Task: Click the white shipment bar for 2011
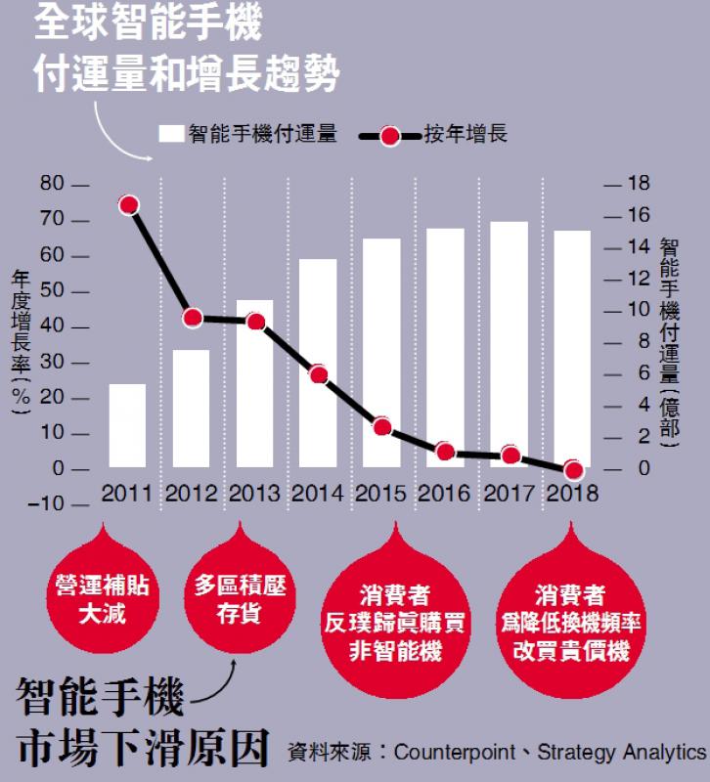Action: pos(127,426)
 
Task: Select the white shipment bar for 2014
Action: pos(319,364)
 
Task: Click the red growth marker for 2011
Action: pos(128,204)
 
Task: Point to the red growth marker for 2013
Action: pos(256,322)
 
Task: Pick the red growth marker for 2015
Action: pos(382,426)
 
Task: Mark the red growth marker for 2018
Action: pos(574,469)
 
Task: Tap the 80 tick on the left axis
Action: pos(51,184)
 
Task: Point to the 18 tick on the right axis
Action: pos(639,184)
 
